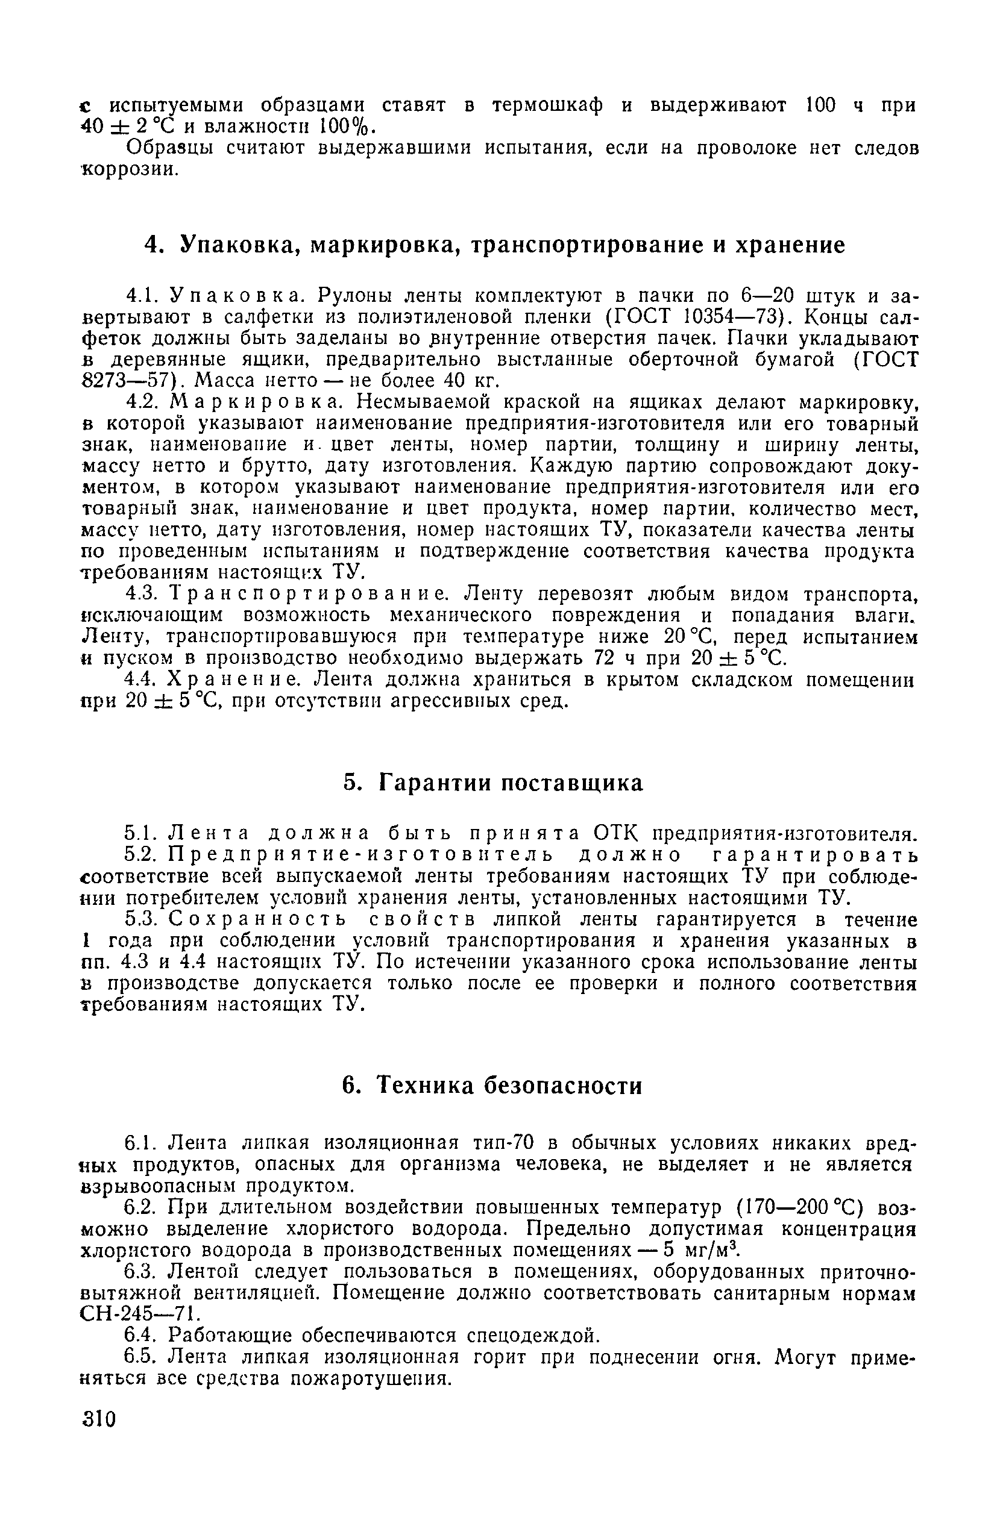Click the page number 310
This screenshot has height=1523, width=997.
point(99,1419)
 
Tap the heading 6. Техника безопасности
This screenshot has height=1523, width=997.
point(492,1086)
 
